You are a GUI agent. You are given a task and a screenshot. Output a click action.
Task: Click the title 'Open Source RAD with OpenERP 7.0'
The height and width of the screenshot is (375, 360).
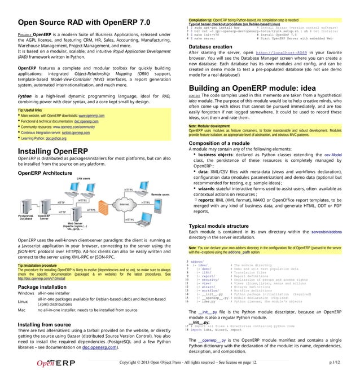84,23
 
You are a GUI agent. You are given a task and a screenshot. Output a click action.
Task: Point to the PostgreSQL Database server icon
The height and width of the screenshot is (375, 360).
26,207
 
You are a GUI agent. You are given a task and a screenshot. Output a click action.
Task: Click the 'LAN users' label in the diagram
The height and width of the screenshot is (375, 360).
83,178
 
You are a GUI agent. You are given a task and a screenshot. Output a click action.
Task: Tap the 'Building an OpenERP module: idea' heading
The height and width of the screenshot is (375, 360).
252,89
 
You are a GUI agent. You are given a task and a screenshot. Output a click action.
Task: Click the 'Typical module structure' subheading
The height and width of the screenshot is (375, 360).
222,226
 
